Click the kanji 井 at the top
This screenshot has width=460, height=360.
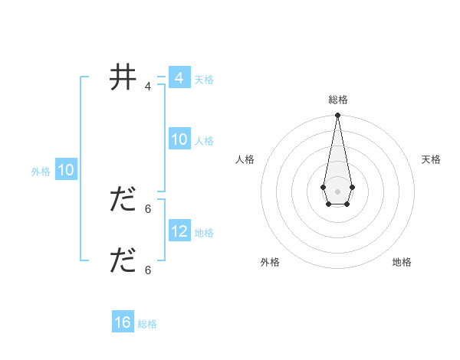click(123, 78)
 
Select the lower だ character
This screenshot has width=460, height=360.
click(123, 261)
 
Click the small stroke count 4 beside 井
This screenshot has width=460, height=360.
click(148, 87)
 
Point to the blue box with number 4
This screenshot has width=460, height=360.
click(179, 78)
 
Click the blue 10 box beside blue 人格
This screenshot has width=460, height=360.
click(179, 139)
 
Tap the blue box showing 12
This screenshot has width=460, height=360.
click(179, 231)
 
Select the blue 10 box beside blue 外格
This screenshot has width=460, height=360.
click(66, 170)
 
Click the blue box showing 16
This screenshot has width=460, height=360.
click(123, 322)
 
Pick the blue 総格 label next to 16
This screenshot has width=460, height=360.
click(147, 324)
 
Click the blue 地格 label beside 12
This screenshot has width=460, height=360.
click(204, 233)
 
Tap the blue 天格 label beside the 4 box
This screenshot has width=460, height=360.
click(204, 80)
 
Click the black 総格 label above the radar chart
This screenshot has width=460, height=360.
click(338, 100)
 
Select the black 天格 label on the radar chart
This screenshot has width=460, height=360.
click(431, 159)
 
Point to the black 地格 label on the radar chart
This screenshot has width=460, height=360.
click(402, 262)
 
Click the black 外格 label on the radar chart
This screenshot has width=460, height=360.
click(270, 262)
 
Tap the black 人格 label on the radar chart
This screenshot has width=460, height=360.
click(245, 159)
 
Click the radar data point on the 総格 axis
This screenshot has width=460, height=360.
click(338, 115)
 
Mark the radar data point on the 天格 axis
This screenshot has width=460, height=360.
click(352, 187)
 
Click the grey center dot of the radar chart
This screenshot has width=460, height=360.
click(338, 191)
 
